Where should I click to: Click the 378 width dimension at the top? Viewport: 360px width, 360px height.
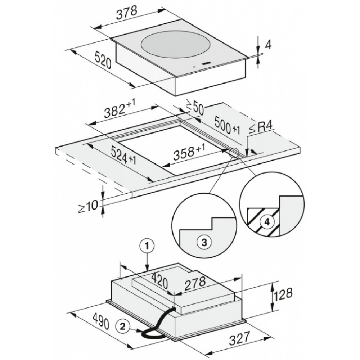coord(126,13)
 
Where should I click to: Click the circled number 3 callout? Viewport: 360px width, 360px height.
coord(204,242)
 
